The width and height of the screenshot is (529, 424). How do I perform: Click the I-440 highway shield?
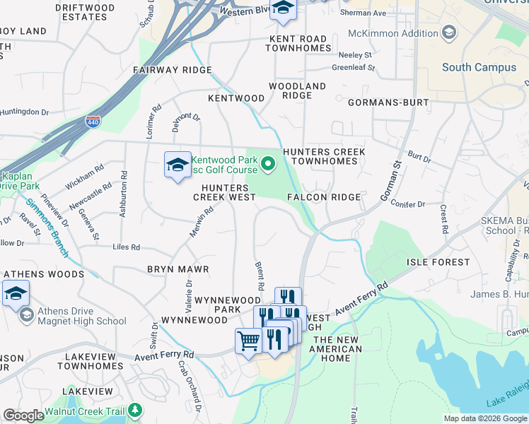[93, 122]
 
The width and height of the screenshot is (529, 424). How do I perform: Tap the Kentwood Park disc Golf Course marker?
[268, 165]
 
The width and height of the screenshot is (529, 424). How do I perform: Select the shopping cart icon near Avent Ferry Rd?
[248, 341]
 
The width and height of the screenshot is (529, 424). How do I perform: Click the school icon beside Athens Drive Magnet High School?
[16, 293]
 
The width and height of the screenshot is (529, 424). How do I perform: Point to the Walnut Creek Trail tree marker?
[135, 411]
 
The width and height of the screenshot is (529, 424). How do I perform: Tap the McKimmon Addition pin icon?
[448, 33]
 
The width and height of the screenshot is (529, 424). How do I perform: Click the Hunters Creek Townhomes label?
[324, 156]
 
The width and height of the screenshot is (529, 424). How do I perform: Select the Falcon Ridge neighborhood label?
[324, 197]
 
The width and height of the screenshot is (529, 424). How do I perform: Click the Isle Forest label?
[438, 262]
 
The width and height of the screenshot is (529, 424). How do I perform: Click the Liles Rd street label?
[127, 247]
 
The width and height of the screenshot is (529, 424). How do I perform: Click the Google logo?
[23, 416]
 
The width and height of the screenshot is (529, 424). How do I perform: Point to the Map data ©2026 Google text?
[484, 418]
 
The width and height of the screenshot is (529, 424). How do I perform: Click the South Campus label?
[469, 68]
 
